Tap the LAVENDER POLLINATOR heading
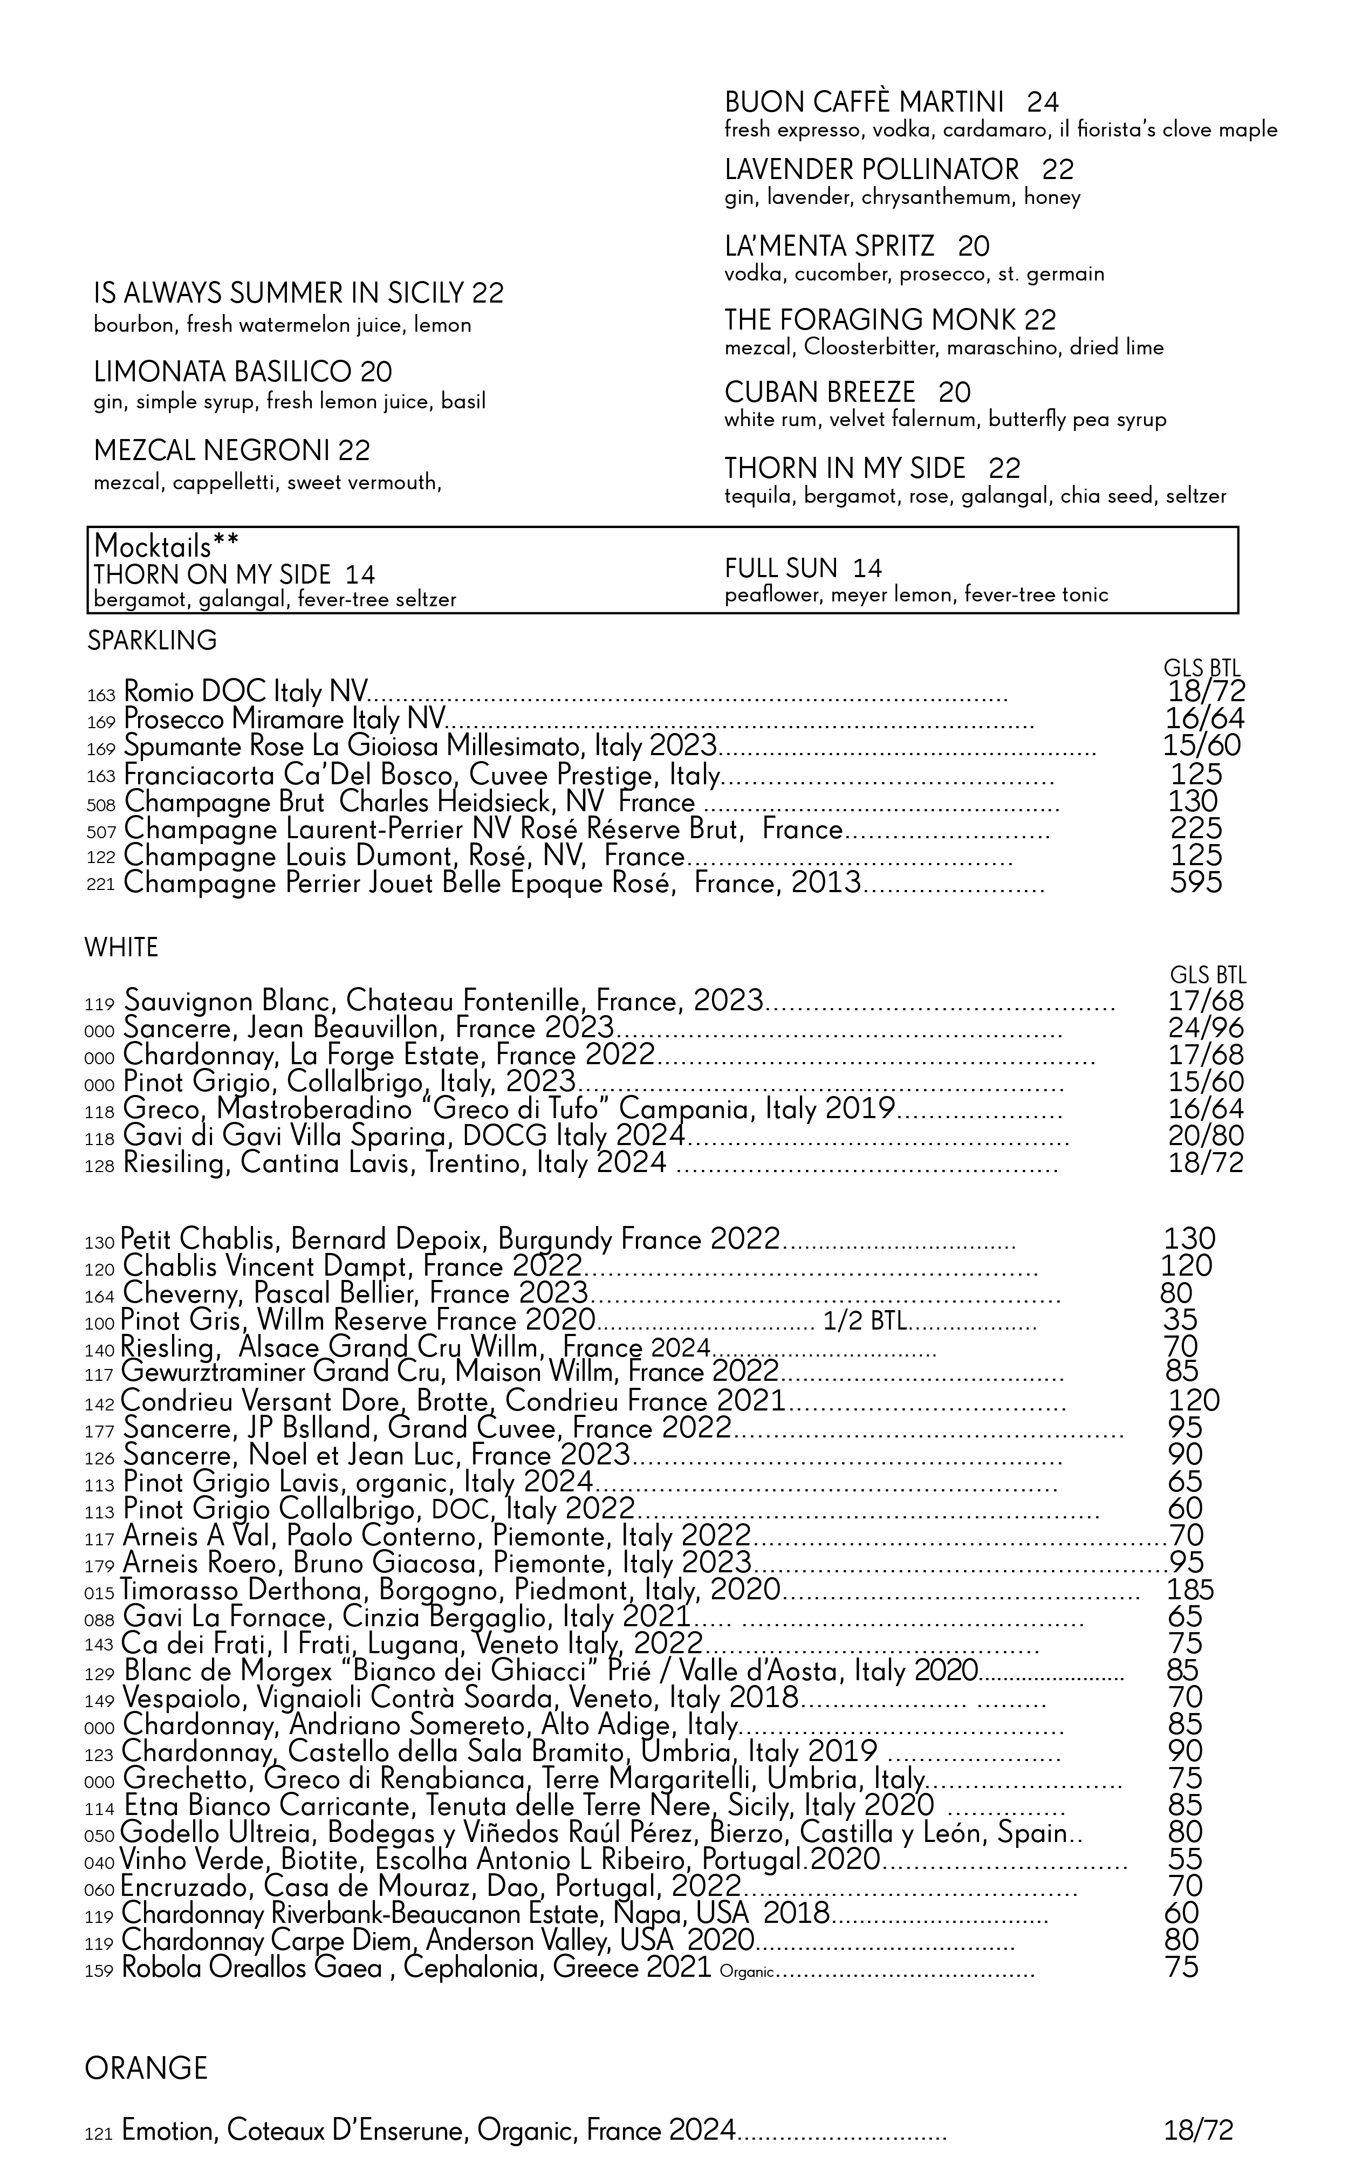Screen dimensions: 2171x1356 coord(872,169)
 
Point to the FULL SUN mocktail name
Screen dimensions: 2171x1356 coord(780,567)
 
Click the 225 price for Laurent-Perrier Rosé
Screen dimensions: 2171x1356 coord(1195,828)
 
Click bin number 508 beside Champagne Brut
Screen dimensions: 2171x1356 coord(100,804)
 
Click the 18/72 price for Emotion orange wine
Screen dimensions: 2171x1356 coord(1198,2130)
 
